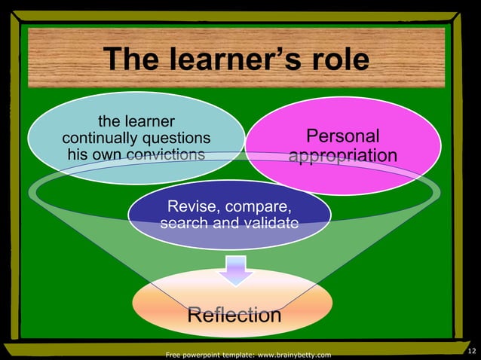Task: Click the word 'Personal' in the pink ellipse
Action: point(342,136)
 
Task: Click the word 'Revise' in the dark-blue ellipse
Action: point(190,206)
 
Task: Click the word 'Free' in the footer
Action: point(173,355)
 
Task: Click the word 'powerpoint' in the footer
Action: point(200,355)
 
